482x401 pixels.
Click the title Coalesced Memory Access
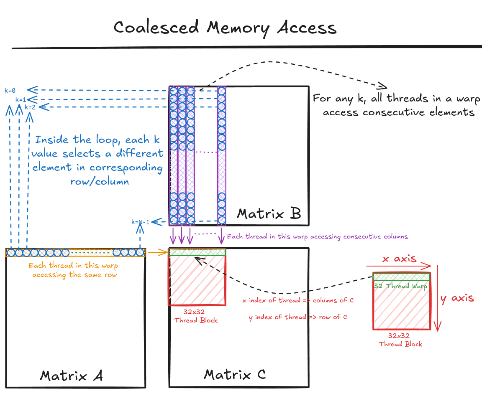[225, 28]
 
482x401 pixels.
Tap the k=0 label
[10, 90]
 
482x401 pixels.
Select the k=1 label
[21, 99]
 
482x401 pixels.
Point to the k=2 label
[30, 107]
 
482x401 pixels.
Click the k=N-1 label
[140, 222]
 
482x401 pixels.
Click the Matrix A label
[71, 376]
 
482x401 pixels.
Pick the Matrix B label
[269, 214]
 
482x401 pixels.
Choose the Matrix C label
[234, 374]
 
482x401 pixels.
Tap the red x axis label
[400, 259]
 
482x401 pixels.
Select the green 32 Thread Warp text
[400, 286]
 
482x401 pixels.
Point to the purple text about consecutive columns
[317, 236]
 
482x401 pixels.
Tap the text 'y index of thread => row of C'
[298, 317]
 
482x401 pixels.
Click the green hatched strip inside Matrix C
[197, 252]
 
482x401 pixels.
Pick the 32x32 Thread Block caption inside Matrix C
[196, 316]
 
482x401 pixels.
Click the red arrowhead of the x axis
[428, 266]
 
